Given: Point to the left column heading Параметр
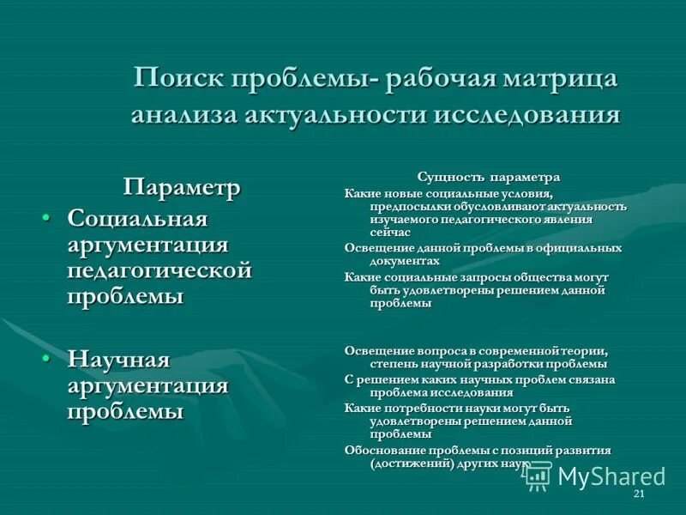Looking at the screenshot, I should tap(182, 187).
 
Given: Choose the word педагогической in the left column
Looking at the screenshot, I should tap(159, 271).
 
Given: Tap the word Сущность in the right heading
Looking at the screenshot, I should tap(450, 177).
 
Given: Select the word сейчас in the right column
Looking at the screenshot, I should tap(390, 233).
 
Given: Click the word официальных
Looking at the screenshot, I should tap(578, 248).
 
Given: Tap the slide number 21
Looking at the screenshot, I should tap(638, 496).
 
